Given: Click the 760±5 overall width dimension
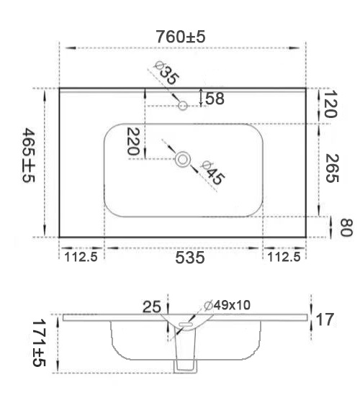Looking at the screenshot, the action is tap(181, 37).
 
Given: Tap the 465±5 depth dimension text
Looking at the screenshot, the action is tap(29, 155).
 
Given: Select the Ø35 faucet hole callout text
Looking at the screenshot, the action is tap(166, 73).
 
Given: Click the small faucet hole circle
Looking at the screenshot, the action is tap(183, 105).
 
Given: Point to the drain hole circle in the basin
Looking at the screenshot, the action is tap(183, 160).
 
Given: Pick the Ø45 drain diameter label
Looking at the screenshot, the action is tap(212, 173).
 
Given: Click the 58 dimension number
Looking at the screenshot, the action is tap(215, 99).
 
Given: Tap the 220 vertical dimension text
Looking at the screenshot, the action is tap(133, 141).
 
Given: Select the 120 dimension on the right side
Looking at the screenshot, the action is tap(330, 104).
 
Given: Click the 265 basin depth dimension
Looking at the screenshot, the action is tap(332, 168).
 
